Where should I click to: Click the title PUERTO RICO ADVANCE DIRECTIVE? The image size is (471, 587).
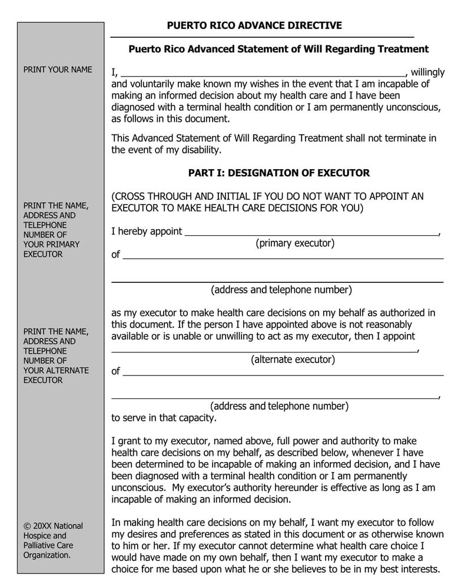tap(254, 25)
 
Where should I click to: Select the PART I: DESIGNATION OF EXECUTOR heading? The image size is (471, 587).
tap(278, 173)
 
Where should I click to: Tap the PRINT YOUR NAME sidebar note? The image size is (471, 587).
tap(58, 70)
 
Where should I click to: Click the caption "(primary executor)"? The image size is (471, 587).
tap(294, 243)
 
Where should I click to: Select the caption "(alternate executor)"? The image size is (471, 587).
tap(293, 359)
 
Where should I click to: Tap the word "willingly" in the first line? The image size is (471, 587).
tap(428, 72)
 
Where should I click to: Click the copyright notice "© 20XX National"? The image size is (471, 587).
tap(53, 526)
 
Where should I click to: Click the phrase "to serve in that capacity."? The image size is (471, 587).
tap(164, 418)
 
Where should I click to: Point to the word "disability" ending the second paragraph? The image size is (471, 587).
tap(201, 150)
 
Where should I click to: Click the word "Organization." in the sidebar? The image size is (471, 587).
tap(47, 555)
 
